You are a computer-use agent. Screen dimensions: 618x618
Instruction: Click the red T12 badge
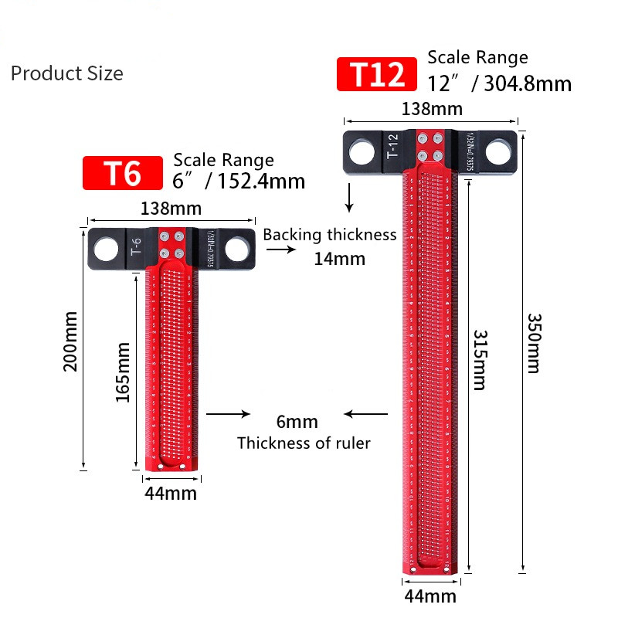point(377,75)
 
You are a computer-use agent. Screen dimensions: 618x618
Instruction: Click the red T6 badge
point(123,173)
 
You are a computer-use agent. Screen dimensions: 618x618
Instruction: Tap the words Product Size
point(66,73)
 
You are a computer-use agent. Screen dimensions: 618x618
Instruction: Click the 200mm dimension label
point(70,341)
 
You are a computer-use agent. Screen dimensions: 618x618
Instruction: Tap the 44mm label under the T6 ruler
point(171,494)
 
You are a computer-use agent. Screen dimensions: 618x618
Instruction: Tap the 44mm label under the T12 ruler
point(430,596)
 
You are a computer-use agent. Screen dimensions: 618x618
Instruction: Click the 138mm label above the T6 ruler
point(171,209)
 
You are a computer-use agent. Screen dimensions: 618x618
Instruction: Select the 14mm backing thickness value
point(339,259)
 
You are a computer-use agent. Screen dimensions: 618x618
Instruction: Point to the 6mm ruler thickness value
point(297,422)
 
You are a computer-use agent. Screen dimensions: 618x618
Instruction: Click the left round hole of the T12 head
point(360,152)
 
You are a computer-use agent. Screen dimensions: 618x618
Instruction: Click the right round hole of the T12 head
point(500,152)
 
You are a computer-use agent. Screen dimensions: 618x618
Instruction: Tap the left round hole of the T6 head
point(107,250)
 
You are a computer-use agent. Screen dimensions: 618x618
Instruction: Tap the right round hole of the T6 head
point(237,250)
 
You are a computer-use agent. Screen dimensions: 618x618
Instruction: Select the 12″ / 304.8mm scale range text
point(500,83)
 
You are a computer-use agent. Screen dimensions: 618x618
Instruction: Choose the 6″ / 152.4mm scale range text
point(239,182)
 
